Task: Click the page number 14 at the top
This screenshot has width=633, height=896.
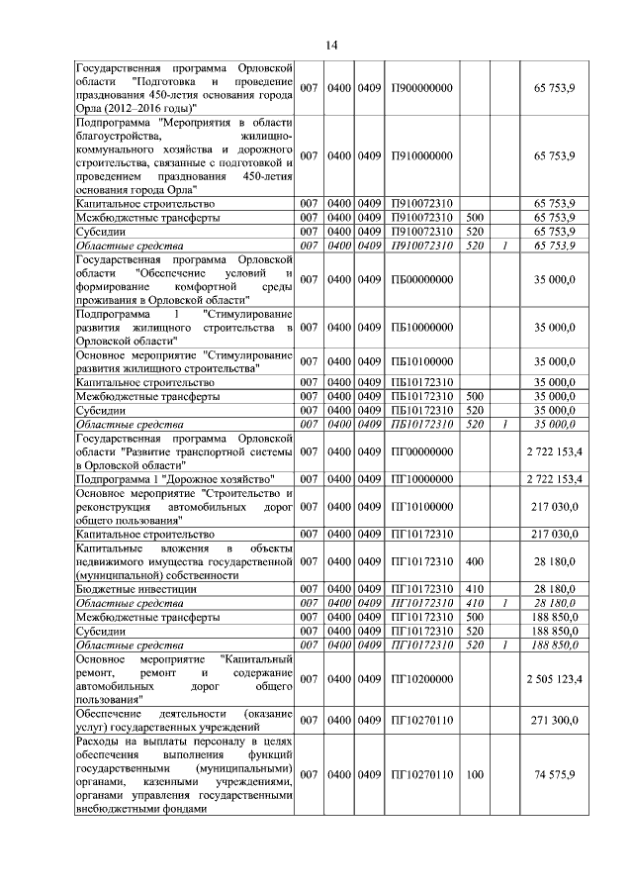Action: click(331, 45)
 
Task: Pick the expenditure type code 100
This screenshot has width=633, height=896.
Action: click(474, 774)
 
